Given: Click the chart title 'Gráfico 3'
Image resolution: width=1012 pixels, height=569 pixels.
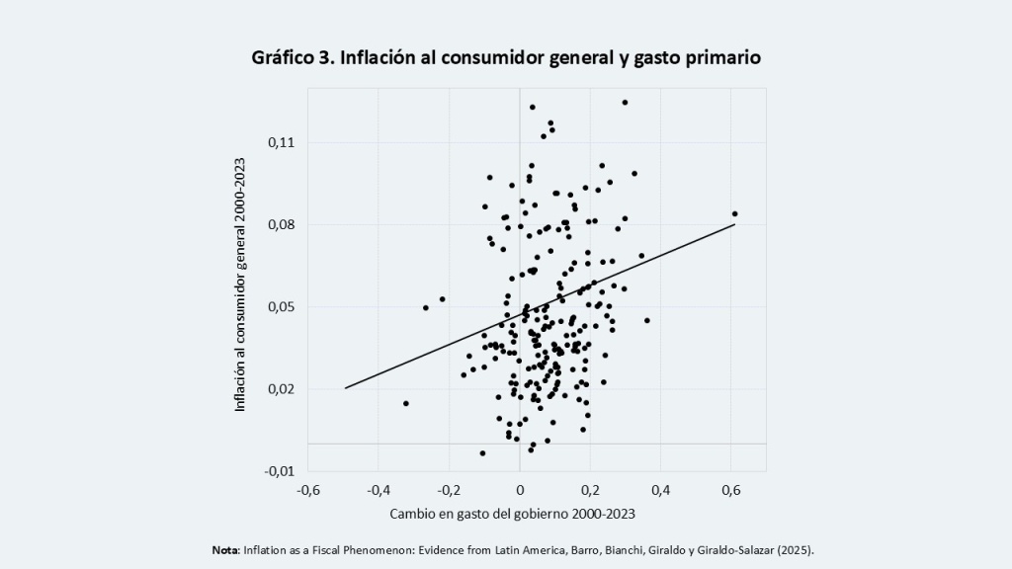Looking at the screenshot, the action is pyautogui.click(x=293, y=57).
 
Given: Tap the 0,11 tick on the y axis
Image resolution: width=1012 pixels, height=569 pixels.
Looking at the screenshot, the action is pyautogui.click(x=282, y=142).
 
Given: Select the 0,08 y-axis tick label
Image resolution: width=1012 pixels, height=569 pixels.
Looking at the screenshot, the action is pyautogui.click(x=282, y=224).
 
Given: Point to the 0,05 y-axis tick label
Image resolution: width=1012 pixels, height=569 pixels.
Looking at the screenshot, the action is pyautogui.click(x=282, y=307).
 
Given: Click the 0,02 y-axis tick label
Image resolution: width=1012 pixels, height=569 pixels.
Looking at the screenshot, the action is pyautogui.click(x=282, y=389).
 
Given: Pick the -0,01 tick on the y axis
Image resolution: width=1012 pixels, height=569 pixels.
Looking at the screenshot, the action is pyautogui.click(x=280, y=471).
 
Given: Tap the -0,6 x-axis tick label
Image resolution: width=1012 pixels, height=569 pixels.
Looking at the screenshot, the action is pyautogui.click(x=308, y=490).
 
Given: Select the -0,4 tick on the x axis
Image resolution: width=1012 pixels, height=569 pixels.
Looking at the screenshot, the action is pyautogui.click(x=379, y=490).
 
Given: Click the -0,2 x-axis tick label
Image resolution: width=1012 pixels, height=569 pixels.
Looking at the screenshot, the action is pyautogui.click(x=449, y=490).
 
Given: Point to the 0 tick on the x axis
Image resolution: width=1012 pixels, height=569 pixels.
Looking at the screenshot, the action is pyautogui.click(x=520, y=490).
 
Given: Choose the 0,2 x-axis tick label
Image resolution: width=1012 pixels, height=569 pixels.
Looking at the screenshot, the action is pyautogui.click(x=590, y=490).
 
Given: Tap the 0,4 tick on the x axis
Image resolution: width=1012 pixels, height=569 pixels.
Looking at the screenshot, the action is pyautogui.click(x=660, y=490).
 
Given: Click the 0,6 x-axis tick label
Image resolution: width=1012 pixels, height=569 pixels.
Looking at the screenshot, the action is pyautogui.click(x=730, y=490).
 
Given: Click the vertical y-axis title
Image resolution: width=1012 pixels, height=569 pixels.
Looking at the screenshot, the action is pyautogui.click(x=240, y=284).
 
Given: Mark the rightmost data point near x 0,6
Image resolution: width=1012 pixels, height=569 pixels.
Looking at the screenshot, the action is pyautogui.click(x=734, y=214).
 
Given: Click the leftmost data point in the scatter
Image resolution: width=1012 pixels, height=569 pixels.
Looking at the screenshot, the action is pyautogui.click(x=406, y=403).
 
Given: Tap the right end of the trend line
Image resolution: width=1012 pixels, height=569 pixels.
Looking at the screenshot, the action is pyautogui.click(x=734, y=224).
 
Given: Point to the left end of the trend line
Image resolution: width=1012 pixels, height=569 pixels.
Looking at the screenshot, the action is pyautogui.click(x=345, y=388).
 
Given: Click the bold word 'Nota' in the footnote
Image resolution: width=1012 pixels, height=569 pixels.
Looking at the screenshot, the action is pyautogui.click(x=225, y=550).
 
